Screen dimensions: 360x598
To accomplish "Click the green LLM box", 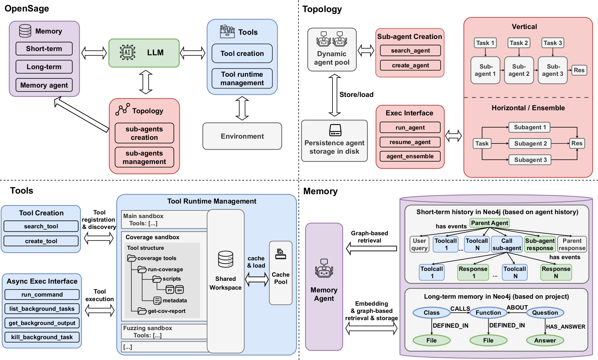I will point(144,53).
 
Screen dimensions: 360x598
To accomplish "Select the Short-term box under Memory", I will point(44,49).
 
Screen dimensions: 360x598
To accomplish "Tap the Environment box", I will point(242,136).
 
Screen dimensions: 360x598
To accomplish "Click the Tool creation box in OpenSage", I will point(242,53).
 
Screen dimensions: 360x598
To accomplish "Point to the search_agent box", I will point(410,50).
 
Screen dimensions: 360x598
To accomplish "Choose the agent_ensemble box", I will point(410,156).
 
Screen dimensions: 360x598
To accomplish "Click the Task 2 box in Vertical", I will point(519,43).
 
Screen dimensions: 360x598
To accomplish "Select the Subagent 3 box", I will point(530,160).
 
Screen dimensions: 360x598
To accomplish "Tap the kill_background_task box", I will point(42,337).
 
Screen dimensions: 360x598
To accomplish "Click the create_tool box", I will point(41,241).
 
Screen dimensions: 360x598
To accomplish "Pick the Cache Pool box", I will point(281,273).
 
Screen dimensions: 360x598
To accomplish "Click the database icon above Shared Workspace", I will point(226,259).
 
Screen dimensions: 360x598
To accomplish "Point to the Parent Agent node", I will point(489,223).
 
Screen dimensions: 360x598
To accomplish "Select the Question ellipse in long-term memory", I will point(545,313).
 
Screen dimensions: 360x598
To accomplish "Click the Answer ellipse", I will point(545,340).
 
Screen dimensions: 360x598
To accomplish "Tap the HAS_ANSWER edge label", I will point(565,326).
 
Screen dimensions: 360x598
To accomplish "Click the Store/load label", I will point(356,95).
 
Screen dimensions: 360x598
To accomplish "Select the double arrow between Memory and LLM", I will point(94,53).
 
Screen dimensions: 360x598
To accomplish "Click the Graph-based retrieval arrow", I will point(371,249).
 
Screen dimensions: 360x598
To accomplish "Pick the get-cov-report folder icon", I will point(142,311).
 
